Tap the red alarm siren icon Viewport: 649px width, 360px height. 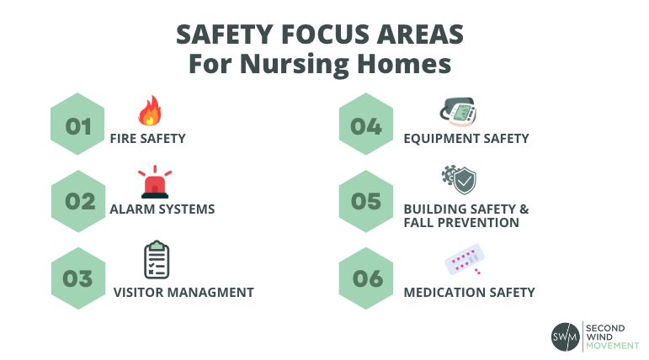pyautogui.click(x=154, y=182)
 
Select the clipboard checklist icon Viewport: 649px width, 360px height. pyautogui.click(x=156, y=260)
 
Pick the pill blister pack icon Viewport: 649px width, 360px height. pyautogui.click(x=463, y=259)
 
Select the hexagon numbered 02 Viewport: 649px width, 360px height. pyautogui.click(x=78, y=202)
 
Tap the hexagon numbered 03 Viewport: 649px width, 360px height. pyautogui.click(x=78, y=278)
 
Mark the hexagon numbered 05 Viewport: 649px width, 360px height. pyautogui.click(x=366, y=202)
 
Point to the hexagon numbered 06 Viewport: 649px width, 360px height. pyautogui.click(x=366, y=278)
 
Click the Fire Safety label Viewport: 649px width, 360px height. pyautogui.click(x=148, y=138)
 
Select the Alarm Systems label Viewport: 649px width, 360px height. pyautogui.click(x=162, y=209)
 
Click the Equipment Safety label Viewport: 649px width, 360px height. pyautogui.click(x=465, y=138)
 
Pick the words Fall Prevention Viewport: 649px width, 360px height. pyautogui.click(x=460, y=223)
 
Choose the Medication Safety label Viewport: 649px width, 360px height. pyautogui.click(x=469, y=293)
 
